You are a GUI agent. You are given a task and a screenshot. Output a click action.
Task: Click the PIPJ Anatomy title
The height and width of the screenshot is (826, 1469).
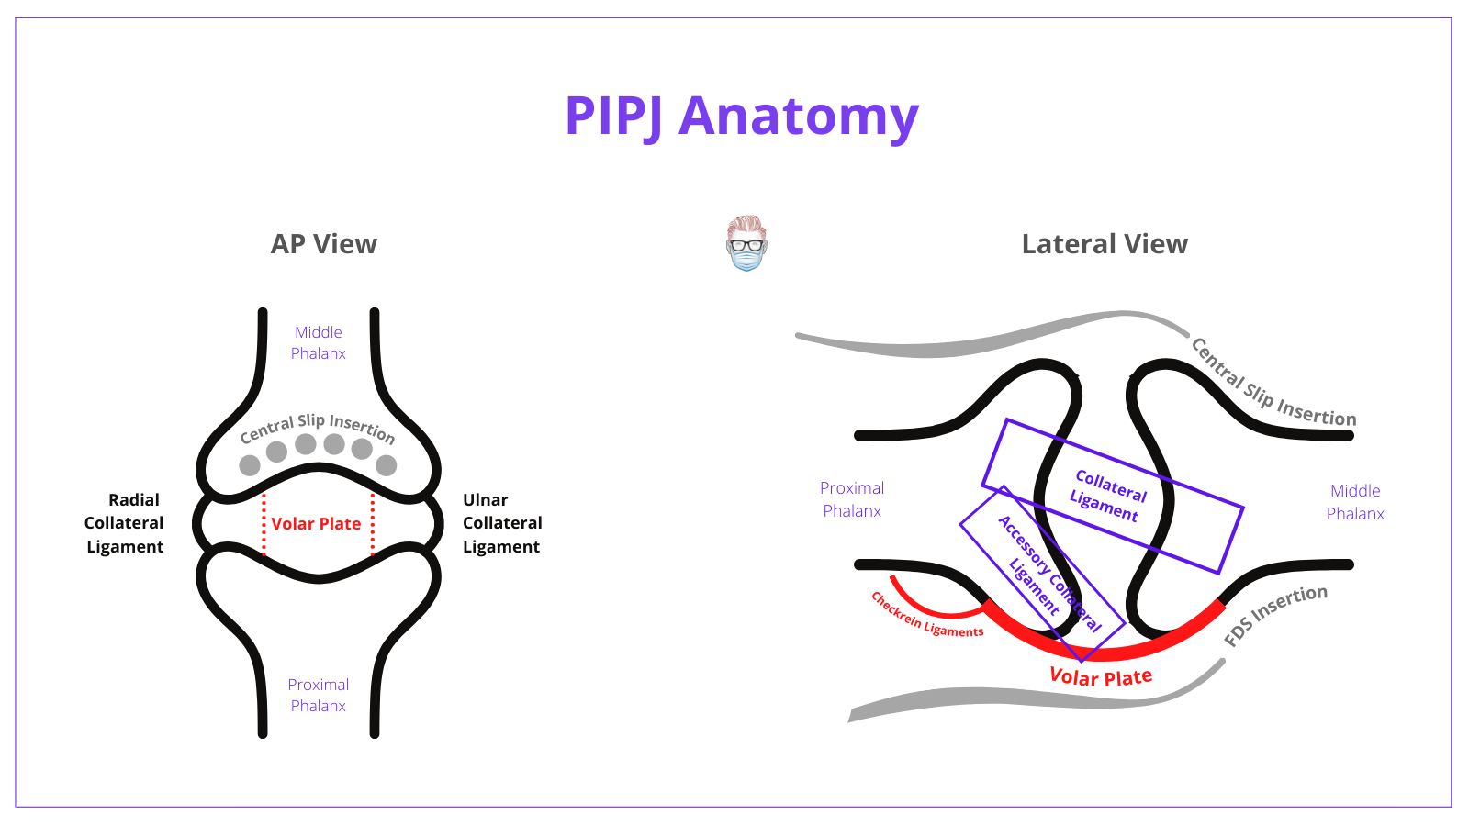coord(741,117)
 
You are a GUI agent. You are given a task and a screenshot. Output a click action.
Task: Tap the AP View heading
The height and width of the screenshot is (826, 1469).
coord(323,244)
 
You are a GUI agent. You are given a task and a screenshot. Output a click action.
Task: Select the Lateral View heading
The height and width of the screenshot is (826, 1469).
coord(1105,244)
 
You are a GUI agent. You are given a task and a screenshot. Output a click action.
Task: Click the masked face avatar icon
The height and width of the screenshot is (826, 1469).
coord(746,243)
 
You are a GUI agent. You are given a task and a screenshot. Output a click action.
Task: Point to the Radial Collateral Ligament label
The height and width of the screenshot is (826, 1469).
coord(124,523)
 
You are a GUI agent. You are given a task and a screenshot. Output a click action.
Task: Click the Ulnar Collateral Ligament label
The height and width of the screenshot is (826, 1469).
coord(501,523)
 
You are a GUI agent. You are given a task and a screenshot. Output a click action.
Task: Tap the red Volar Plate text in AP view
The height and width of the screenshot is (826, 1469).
coord(316,524)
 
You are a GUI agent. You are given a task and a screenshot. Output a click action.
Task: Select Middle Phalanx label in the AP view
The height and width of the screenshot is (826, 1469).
coord(319,342)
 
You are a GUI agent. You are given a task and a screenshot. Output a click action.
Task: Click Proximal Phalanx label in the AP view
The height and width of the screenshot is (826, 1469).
coord(319,695)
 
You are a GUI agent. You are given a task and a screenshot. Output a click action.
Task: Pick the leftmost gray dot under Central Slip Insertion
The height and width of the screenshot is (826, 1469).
coord(250,465)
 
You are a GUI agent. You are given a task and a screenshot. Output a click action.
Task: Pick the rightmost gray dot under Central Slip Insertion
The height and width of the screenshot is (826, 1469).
coord(387,465)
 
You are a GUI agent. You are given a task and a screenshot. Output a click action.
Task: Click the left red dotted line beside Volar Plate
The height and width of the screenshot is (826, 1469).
coord(264,524)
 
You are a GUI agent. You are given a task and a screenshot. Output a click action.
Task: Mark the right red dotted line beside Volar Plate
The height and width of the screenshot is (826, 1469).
coord(373,524)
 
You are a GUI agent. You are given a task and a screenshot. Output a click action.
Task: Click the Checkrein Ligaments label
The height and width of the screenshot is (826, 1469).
coord(926,616)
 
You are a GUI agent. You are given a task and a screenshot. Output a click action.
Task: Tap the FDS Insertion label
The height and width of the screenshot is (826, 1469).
coord(1276,614)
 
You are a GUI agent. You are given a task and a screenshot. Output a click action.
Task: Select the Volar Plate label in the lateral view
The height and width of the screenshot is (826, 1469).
coord(1101,677)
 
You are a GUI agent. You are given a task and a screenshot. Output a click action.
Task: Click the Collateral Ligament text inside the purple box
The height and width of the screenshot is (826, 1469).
coord(1108,496)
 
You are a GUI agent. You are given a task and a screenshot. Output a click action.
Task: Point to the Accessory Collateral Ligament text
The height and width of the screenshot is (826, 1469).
coord(1048,574)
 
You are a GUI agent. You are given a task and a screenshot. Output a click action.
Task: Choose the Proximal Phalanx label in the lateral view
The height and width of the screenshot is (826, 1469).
coord(852,499)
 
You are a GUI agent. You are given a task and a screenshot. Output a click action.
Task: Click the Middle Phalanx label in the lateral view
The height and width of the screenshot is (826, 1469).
coord(1355,502)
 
